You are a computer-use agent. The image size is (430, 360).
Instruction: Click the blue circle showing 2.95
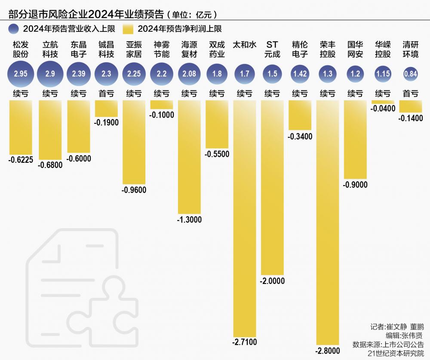pos(21,74)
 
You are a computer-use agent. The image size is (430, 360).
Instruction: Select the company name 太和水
pos(245,45)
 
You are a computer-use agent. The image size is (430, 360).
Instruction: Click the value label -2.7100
pos(245,342)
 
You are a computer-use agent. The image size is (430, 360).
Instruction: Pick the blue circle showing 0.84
pos(411,74)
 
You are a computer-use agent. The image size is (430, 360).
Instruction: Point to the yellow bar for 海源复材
pos(189,157)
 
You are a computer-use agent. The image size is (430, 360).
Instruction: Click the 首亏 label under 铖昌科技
pos(106,93)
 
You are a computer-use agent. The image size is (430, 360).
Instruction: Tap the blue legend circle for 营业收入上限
pos(15,29)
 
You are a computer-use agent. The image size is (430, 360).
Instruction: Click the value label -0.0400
pos(383,109)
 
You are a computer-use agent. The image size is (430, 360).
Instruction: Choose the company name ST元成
pos(272,49)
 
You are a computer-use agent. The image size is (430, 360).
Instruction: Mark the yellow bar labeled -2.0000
pos(272,187)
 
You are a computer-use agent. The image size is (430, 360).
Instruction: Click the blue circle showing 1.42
pos(300,74)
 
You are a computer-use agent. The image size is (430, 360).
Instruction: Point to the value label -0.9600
pos(134,190)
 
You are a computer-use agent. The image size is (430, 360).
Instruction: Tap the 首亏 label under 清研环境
pos(411,93)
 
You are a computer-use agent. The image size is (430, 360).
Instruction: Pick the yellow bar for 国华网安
pos(355,140)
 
